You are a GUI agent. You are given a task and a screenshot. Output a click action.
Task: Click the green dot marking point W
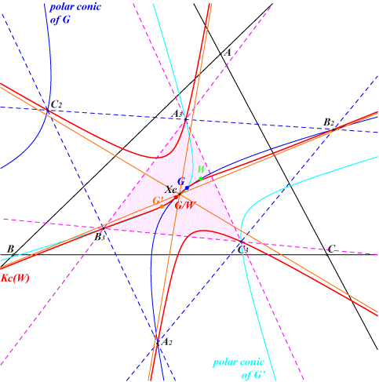pos(201,179)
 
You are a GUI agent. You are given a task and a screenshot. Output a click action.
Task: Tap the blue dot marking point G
pos(187,187)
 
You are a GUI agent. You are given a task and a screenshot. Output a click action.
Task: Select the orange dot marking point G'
pos(162,206)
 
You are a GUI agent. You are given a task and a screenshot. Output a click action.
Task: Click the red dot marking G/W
pos(176,197)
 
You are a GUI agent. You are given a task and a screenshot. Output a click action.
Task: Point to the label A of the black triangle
pos(228,53)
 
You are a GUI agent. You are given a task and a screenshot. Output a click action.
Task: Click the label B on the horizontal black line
pos(10,249)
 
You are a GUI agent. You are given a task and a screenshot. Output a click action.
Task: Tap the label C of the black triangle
pos(331,249)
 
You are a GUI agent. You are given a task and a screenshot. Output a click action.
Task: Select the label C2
pos(56,104)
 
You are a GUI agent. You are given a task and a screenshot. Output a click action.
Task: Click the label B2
pos(329,122)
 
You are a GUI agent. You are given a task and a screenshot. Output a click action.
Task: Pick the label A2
pos(166,342)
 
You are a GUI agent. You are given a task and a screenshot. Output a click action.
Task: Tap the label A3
pos(177,114)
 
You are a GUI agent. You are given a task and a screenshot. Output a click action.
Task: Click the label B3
pos(100,237)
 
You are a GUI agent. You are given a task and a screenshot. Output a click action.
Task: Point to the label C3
pos(243,249)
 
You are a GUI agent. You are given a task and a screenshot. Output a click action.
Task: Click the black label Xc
pos(171,189)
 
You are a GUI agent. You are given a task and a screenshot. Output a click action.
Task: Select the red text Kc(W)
pos(15,278)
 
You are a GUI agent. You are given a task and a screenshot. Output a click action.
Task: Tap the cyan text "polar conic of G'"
pos(239,369)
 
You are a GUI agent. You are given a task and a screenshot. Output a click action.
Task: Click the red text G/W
pos(185,206)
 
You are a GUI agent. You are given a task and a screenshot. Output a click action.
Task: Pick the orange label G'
pos(159,201)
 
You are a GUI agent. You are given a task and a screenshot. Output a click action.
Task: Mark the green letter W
pos(202,169)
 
